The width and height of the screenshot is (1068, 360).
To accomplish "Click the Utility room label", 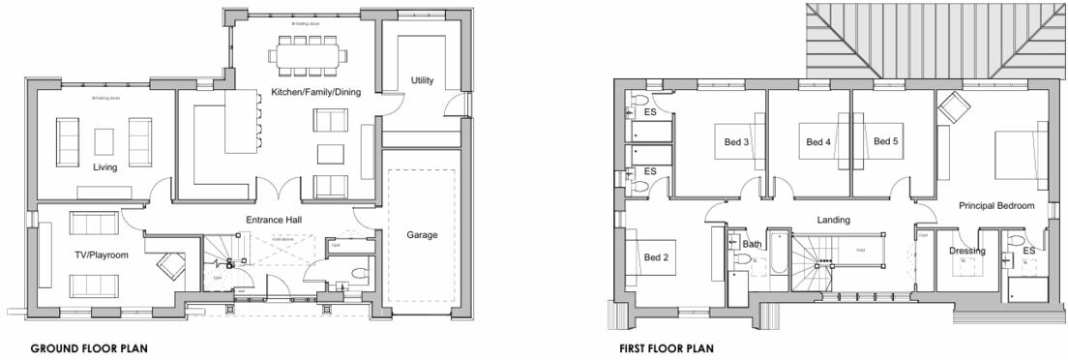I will click(x=422, y=79).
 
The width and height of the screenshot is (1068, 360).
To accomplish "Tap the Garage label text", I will click(x=423, y=235).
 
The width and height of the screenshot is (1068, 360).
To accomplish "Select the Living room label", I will click(x=105, y=167).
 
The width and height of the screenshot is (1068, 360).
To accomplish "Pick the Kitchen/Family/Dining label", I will click(x=299, y=91).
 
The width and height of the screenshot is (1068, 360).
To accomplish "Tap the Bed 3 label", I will click(x=737, y=142).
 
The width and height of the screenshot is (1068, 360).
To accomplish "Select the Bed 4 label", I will click(x=818, y=142).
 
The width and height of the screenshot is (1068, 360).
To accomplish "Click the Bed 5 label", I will click(x=886, y=141).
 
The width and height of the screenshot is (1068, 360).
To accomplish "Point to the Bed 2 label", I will click(x=656, y=257).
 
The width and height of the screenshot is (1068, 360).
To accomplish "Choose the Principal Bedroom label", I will click(x=996, y=206).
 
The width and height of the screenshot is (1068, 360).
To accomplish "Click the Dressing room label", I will click(x=966, y=252).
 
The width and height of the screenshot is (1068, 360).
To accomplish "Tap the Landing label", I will click(x=833, y=221).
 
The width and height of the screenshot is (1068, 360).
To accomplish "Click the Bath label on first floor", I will click(x=753, y=245).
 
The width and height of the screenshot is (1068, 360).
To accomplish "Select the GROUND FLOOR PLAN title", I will click(x=88, y=347).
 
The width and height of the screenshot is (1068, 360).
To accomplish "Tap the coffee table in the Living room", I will click(x=105, y=141).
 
